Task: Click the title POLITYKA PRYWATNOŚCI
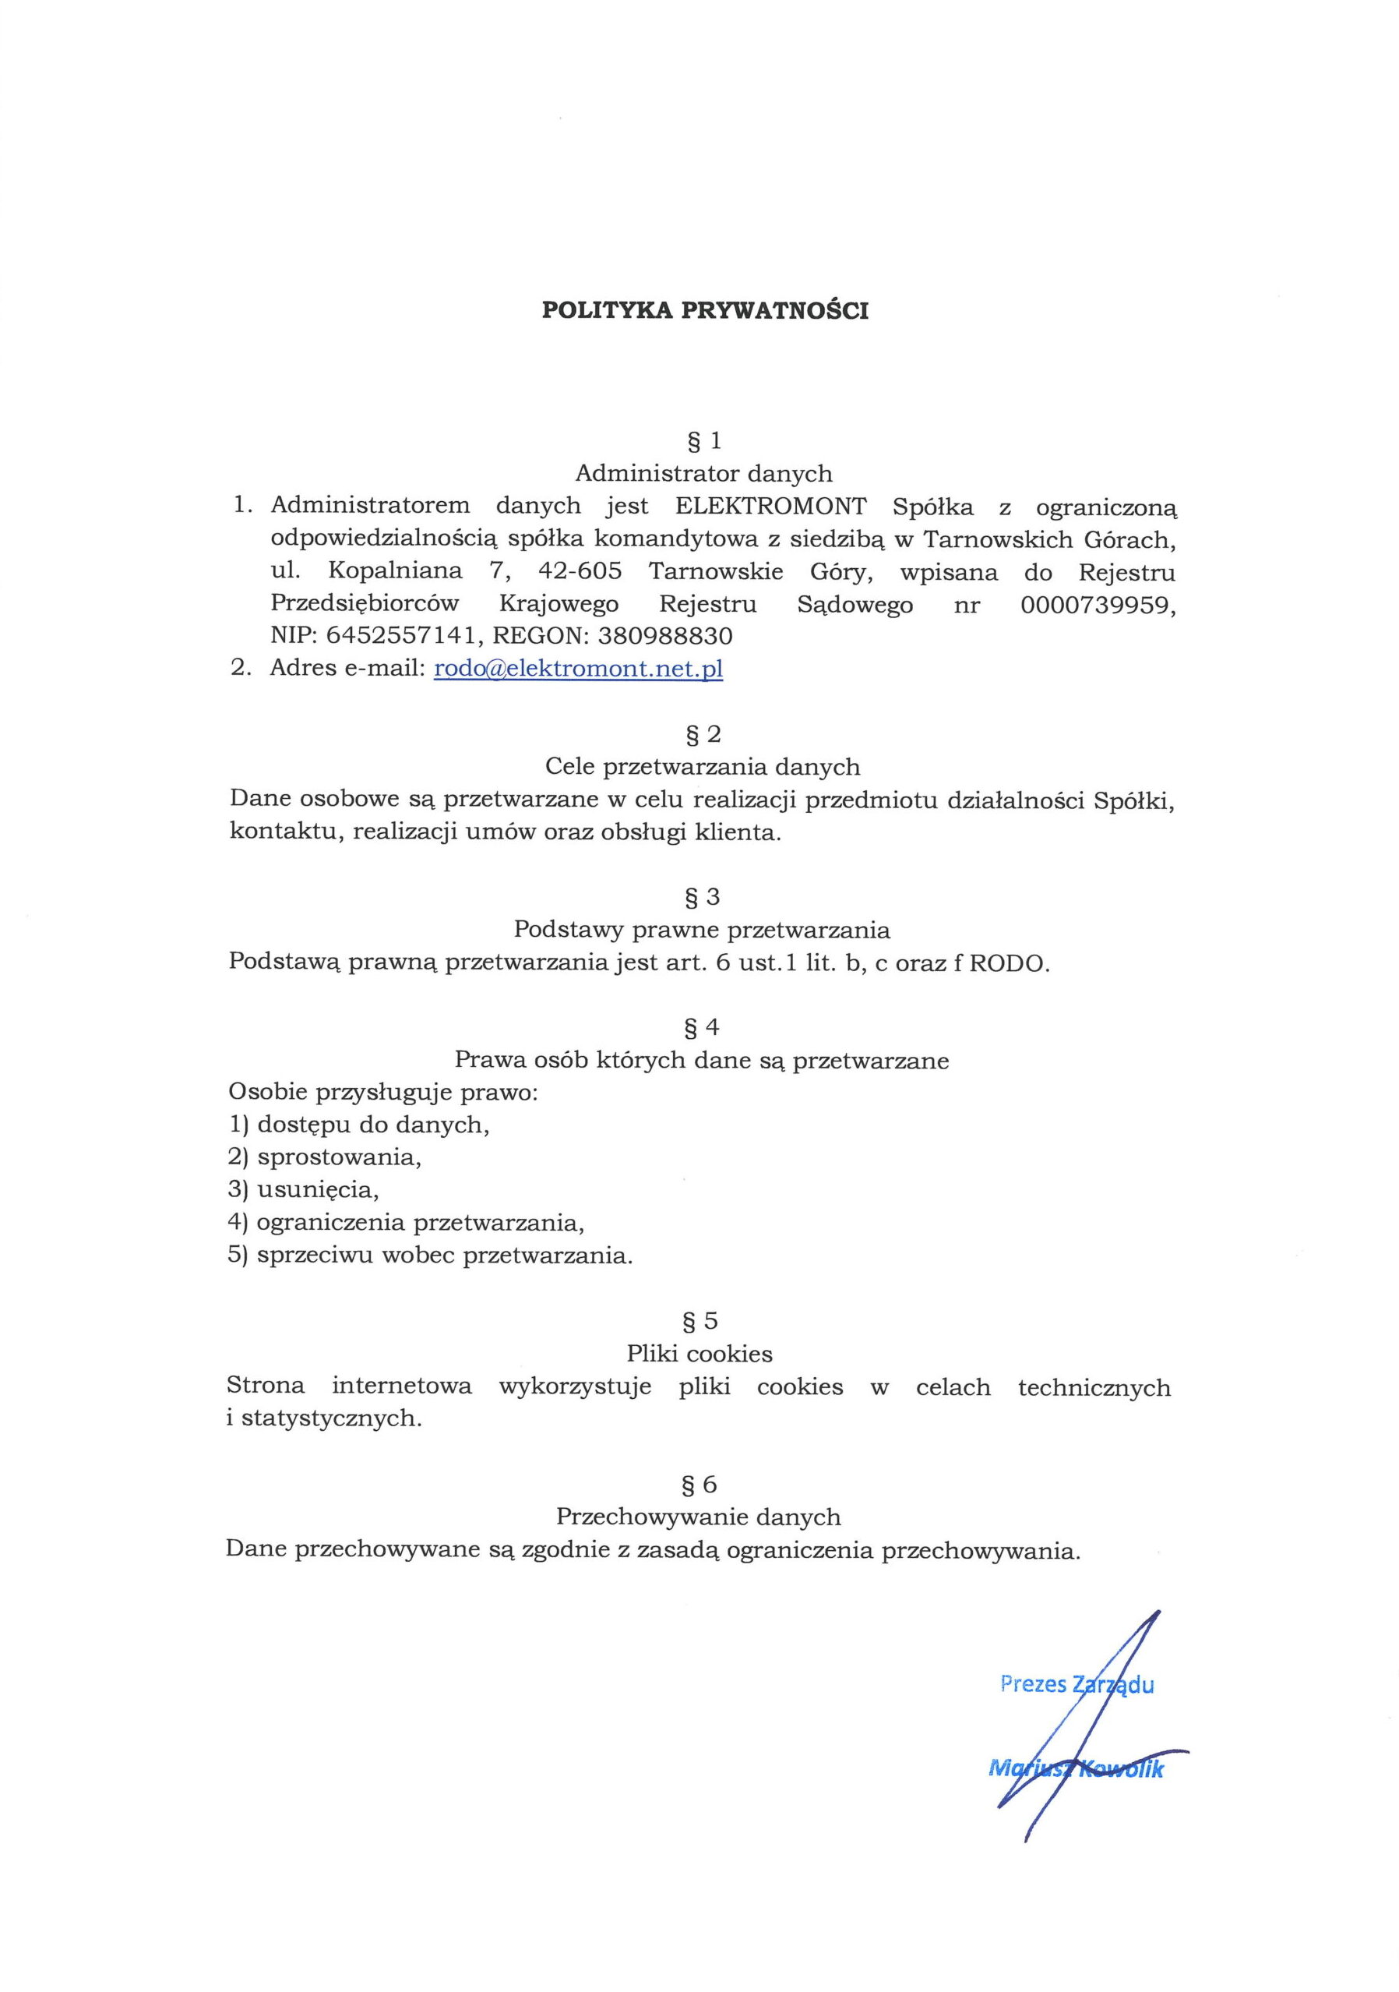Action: tap(704, 311)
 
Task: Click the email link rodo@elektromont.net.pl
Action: tap(578, 669)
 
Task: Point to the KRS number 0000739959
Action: tap(1098, 605)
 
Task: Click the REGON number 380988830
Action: tap(665, 637)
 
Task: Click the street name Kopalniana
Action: tap(396, 573)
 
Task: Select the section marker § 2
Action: tap(703, 735)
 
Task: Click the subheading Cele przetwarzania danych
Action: tap(703, 767)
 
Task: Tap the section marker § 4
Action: tap(702, 1028)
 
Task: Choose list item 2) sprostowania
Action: tap(324, 1157)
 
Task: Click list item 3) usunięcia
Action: tap(304, 1189)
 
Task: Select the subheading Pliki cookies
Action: tap(699, 1354)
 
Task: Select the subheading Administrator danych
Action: tap(703, 474)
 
